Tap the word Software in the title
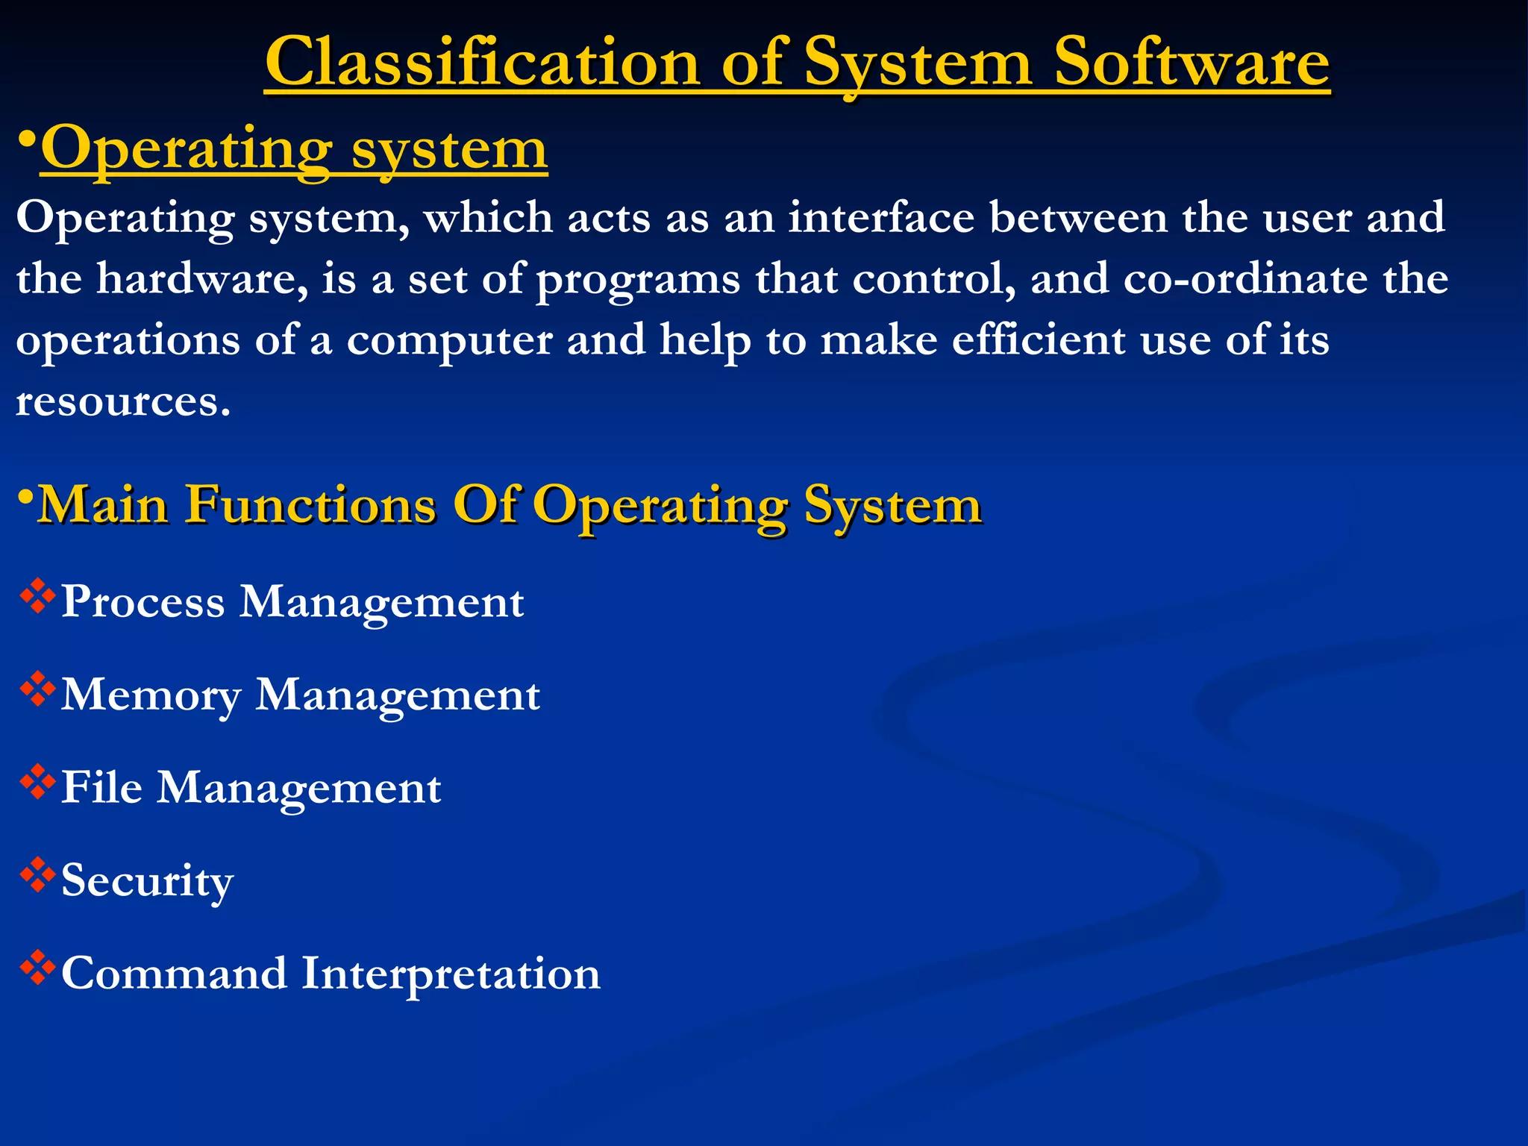click(x=1191, y=63)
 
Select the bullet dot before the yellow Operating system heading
click(x=27, y=140)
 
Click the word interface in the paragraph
click(x=881, y=218)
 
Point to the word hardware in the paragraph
click(x=202, y=279)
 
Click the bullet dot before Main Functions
click(x=26, y=497)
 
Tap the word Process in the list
click(x=143, y=602)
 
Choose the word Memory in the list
click(x=151, y=695)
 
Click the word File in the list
click(x=101, y=787)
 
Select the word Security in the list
click(x=147, y=881)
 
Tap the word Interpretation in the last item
click(x=451, y=974)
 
